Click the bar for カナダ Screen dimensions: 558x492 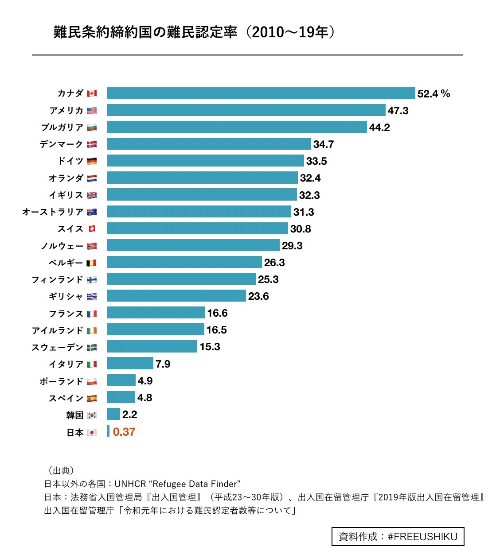tap(261, 93)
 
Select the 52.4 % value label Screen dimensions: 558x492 tap(433, 94)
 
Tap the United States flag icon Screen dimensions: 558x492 tap(92, 111)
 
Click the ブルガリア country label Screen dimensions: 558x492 tap(62, 128)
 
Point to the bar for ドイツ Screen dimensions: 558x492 tap(205, 161)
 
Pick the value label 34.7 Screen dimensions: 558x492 tap(323, 144)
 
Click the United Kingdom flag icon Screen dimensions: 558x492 tap(92, 195)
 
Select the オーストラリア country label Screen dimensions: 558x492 tap(53, 212)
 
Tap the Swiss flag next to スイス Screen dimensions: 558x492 tap(92, 229)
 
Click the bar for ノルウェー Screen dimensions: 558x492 tap(193, 245)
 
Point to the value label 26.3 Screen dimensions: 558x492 tap(274, 263)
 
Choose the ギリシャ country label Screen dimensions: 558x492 tap(66, 297)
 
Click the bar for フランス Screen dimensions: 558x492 tap(156, 313)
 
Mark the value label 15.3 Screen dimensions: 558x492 tap(210, 347)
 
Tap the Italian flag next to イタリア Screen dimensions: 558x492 tap(92, 364)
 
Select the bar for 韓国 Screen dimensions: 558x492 tap(113, 414)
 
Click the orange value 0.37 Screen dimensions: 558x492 tap(124, 432)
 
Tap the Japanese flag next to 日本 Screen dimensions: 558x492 tap(92, 433)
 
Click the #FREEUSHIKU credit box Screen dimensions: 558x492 tap(398, 537)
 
